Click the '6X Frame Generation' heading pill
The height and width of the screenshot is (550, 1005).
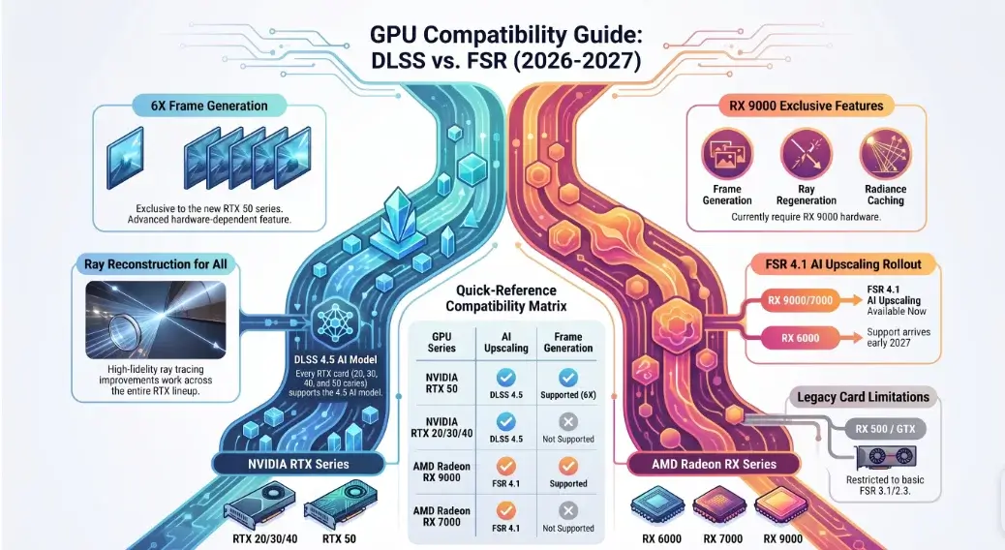tap(209, 106)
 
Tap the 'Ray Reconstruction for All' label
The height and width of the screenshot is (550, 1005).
tap(156, 264)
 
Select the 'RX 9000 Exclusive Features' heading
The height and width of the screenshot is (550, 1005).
tap(806, 106)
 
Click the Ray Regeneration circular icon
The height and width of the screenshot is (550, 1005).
tap(807, 154)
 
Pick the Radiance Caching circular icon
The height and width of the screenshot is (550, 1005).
tap(885, 154)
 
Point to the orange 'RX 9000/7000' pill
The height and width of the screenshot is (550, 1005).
tap(801, 300)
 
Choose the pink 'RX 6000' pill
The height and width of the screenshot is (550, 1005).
tap(801, 338)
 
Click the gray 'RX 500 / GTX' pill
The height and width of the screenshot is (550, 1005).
tap(885, 429)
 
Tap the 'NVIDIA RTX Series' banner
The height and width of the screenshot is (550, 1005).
tap(298, 464)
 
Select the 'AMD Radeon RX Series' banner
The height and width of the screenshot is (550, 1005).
tap(714, 464)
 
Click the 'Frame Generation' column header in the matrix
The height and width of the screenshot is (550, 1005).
tap(568, 343)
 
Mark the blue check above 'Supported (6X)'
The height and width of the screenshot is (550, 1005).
tap(568, 378)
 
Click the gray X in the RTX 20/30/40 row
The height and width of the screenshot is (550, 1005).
tap(568, 422)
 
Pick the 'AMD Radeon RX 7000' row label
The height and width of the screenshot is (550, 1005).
tap(442, 516)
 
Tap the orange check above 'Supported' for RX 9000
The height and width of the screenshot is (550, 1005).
tap(568, 466)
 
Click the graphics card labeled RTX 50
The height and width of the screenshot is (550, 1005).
tap(340, 505)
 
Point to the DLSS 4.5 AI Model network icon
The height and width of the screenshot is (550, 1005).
tap(337, 320)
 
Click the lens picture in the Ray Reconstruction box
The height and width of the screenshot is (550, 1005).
tap(156, 320)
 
